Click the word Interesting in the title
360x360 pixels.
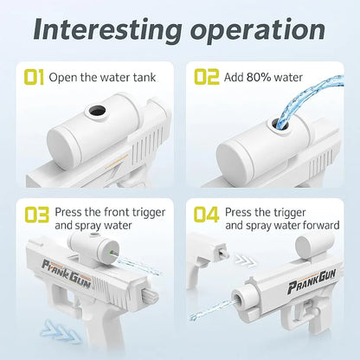(107, 29)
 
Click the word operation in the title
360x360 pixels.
(258, 30)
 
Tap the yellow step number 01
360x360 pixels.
(34, 77)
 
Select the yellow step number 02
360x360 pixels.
(207, 77)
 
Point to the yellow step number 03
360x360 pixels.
(37, 215)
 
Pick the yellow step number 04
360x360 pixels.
(206, 215)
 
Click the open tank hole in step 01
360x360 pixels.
(98, 110)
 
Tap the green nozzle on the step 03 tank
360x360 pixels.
(112, 252)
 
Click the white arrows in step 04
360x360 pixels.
(245, 260)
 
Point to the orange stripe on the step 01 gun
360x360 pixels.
(117, 162)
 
